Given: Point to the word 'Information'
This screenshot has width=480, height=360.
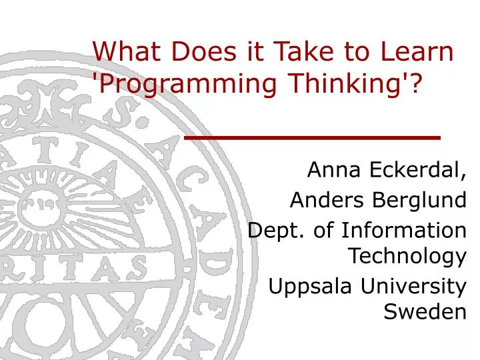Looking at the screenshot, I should click(x=403, y=230).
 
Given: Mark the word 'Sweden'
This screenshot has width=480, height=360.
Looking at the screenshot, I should click(x=425, y=311).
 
